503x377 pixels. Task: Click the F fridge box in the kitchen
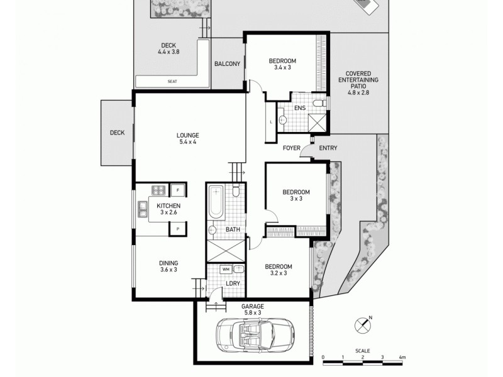(178, 189)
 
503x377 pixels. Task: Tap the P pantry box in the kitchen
(178, 229)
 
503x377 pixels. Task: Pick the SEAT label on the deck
(172, 82)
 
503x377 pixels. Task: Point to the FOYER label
(291, 148)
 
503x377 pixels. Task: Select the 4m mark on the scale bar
(402, 358)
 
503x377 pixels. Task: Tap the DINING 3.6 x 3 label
(168, 266)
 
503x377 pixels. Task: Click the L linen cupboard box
(270, 122)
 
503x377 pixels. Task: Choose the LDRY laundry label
(233, 283)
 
